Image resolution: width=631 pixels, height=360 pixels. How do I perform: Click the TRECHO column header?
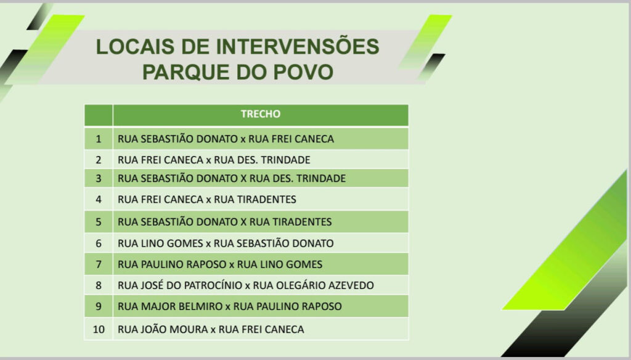click(x=261, y=114)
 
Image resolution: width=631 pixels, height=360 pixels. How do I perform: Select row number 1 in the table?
click(x=99, y=139)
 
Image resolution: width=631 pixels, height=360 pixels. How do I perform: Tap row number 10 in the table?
click(x=99, y=329)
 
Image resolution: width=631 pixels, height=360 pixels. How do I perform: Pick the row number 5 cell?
click(x=99, y=222)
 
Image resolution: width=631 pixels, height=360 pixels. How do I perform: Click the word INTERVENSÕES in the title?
click(x=298, y=46)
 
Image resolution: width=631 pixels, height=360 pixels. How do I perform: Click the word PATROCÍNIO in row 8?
click(x=213, y=285)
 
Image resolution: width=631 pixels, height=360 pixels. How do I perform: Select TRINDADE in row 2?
click(x=285, y=160)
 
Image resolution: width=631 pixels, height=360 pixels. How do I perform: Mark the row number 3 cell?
click(x=99, y=178)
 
